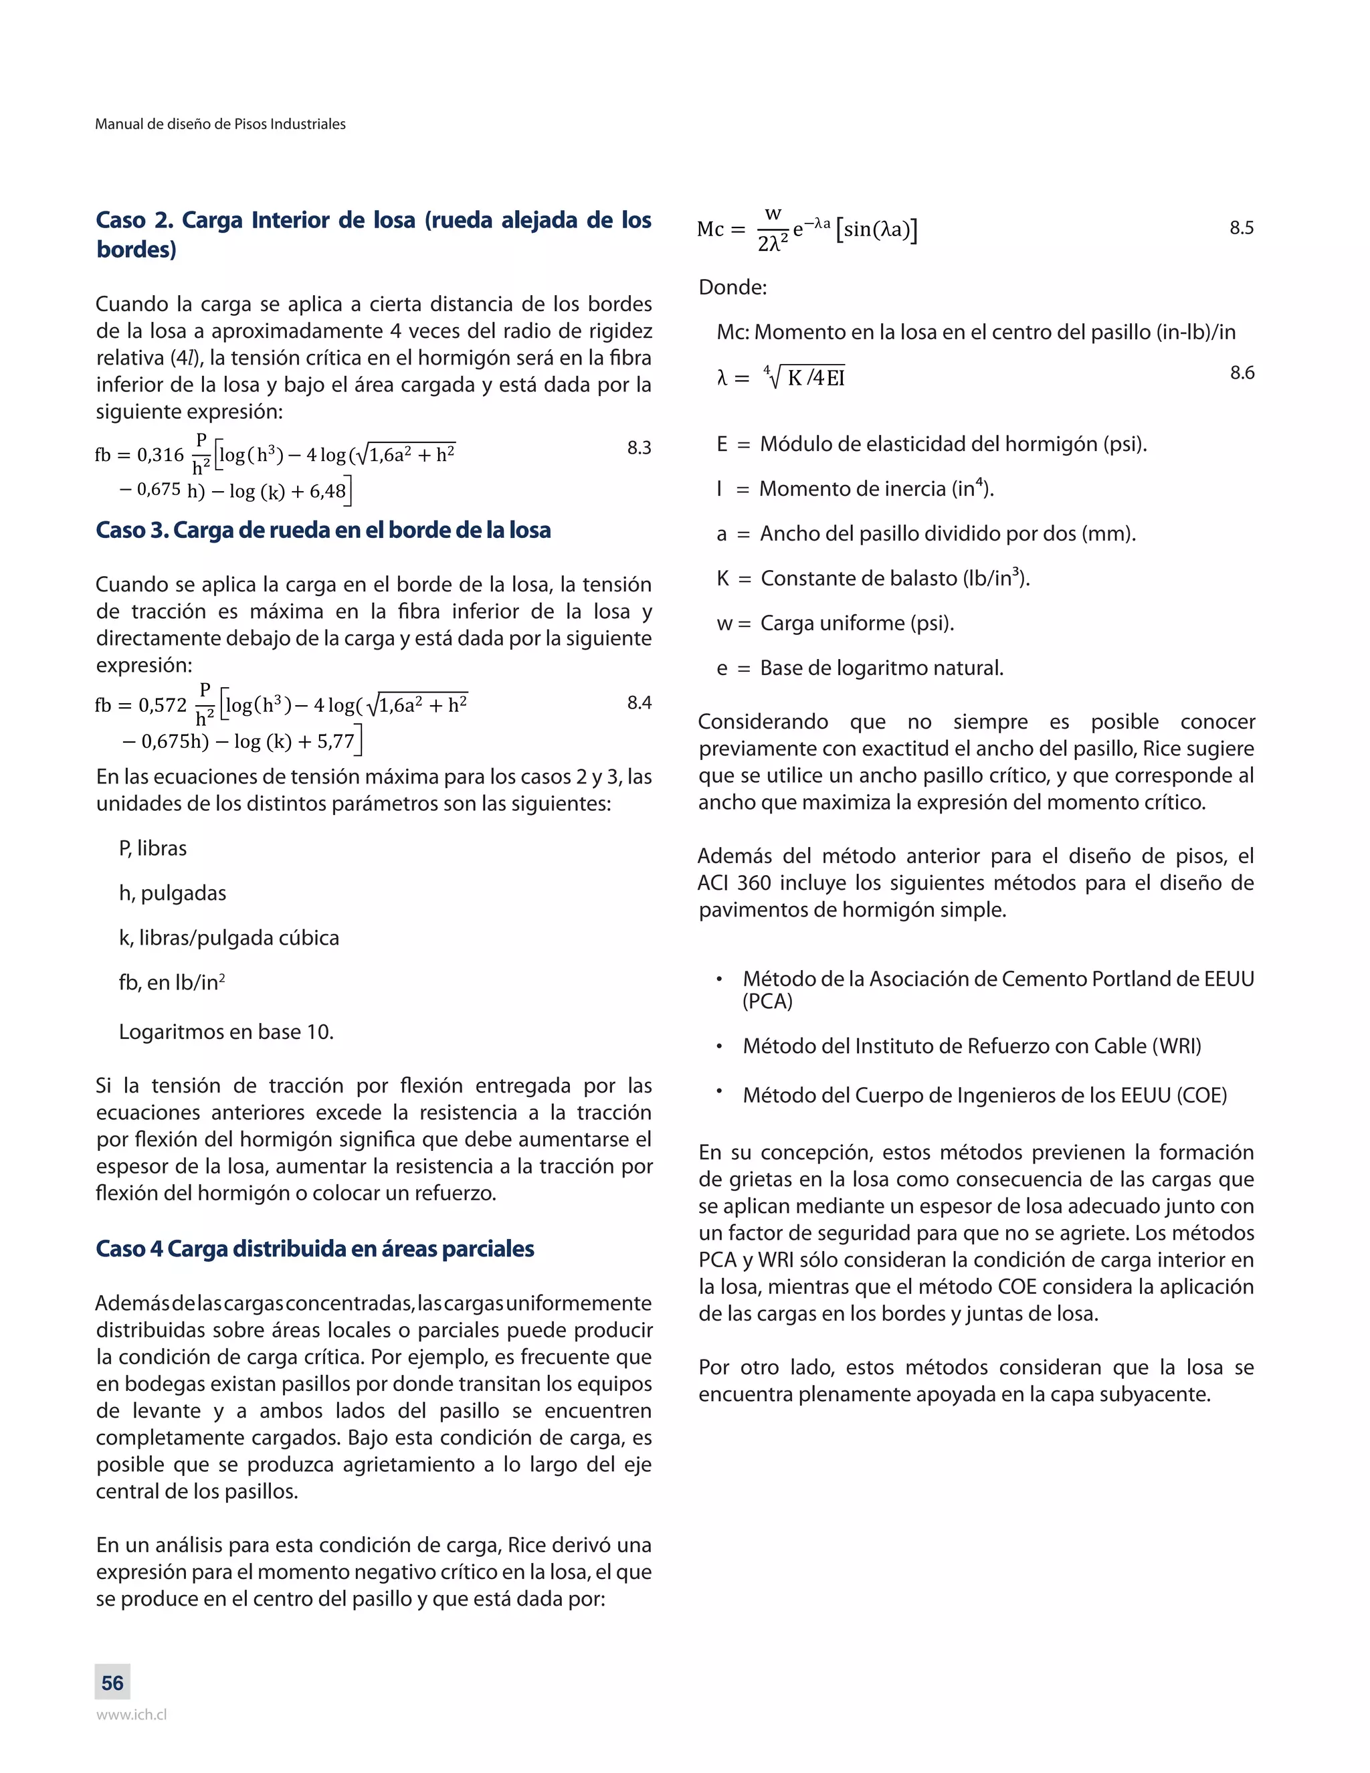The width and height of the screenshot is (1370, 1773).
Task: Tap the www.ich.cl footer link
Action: (132, 1715)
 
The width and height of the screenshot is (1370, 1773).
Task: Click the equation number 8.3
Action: (639, 448)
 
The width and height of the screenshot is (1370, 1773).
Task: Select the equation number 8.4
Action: (639, 703)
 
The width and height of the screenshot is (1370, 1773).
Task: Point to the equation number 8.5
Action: (1241, 227)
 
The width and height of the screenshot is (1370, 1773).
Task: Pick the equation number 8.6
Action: (1242, 373)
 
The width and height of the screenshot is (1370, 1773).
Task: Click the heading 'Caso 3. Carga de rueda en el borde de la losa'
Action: (323, 530)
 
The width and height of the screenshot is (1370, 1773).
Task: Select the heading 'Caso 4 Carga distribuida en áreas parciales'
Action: (315, 1248)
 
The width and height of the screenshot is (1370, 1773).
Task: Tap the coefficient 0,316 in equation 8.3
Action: (161, 454)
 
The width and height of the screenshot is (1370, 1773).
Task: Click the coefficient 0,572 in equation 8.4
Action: (163, 705)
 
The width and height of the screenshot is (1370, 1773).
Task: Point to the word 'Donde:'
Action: (732, 288)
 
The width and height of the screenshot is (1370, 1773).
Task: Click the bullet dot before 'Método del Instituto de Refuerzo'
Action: (719, 1046)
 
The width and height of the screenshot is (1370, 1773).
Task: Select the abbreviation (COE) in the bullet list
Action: (1202, 1095)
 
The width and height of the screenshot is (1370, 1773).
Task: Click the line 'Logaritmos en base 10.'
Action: (225, 1032)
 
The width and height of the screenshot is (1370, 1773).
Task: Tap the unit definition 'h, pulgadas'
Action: (172, 893)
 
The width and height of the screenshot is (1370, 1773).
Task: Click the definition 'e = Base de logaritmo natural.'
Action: (860, 668)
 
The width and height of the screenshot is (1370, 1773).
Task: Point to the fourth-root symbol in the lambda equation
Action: (773, 376)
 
